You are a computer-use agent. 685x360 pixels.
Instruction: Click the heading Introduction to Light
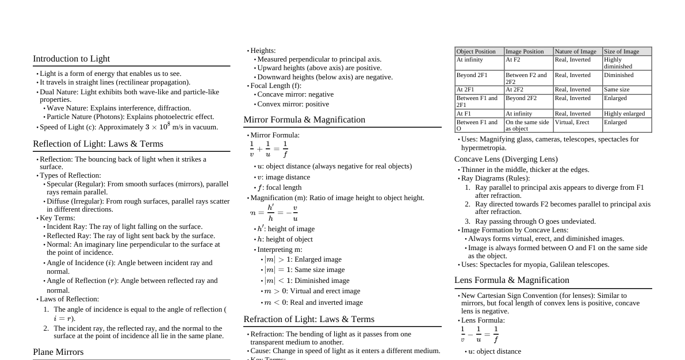tap(71, 59)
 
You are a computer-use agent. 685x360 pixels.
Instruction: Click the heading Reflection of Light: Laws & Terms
tap(98, 144)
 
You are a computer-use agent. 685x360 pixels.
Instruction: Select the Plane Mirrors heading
tap(58, 352)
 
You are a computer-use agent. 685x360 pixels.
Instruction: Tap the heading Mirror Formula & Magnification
tap(304, 120)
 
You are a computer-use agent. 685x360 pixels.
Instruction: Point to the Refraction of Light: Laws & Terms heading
tap(309, 319)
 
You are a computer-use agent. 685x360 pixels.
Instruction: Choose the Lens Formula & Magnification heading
tap(512, 280)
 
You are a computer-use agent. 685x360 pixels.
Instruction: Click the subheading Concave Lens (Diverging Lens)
tap(506, 159)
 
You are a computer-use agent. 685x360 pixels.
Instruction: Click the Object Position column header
tap(476, 52)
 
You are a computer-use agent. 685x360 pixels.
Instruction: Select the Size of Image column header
tap(621, 52)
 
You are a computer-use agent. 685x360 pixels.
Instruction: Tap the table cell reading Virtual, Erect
tap(572, 122)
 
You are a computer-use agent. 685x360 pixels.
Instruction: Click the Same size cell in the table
tap(617, 90)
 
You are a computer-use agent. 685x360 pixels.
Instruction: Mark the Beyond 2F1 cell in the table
tap(472, 75)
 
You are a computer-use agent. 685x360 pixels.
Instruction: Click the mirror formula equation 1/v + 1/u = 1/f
tap(269, 149)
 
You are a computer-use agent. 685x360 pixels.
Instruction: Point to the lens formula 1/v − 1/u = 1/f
tap(479, 335)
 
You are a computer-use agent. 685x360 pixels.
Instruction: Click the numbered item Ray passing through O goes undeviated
tap(535, 221)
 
